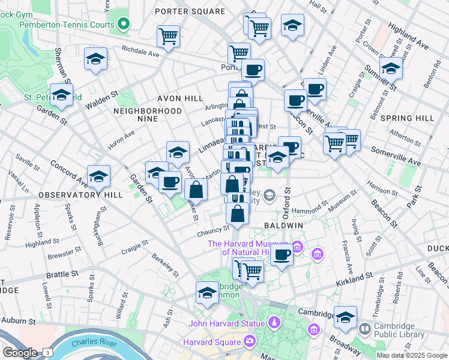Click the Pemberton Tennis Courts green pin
pyautogui.click(x=124, y=25)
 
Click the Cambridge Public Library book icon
pyautogui.click(x=364, y=329)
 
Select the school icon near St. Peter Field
pyautogui.click(x=61, y=95)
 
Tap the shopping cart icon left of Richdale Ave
pyautogui.click(x=168, y=36)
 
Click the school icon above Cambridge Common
pyautogui.click(x=207, y=294)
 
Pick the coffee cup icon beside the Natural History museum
pyautogui.click(x=281, y=254)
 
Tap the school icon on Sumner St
pyautogui.click(x=391, y=69)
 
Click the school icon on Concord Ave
pyautogui.click(x=98, y=177)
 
